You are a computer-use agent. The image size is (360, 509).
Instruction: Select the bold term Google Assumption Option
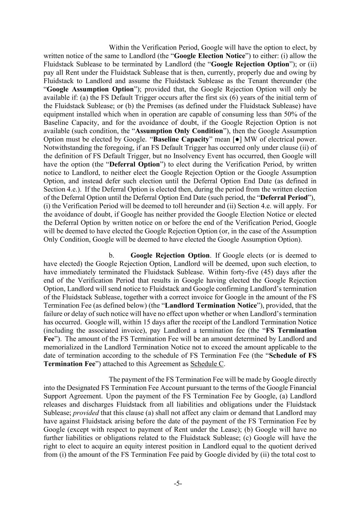[x=90, y=89]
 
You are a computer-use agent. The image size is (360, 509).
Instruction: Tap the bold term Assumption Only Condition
[x=179, y=131]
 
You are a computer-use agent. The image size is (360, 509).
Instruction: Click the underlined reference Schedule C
[x=207, y=364]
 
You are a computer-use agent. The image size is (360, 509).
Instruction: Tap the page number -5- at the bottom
[x=178, y=484]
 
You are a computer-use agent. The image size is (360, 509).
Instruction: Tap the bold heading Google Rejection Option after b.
[x=170, y=255]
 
